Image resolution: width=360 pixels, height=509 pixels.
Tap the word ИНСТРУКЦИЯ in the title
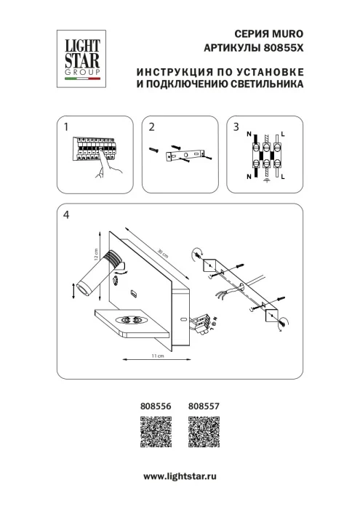tap(169, 73)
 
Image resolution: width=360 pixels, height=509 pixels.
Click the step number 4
tap(67, 215)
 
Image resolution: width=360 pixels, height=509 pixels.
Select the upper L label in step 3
tap(283, 135)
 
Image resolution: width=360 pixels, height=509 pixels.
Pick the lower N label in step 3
tap(249, 176)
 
